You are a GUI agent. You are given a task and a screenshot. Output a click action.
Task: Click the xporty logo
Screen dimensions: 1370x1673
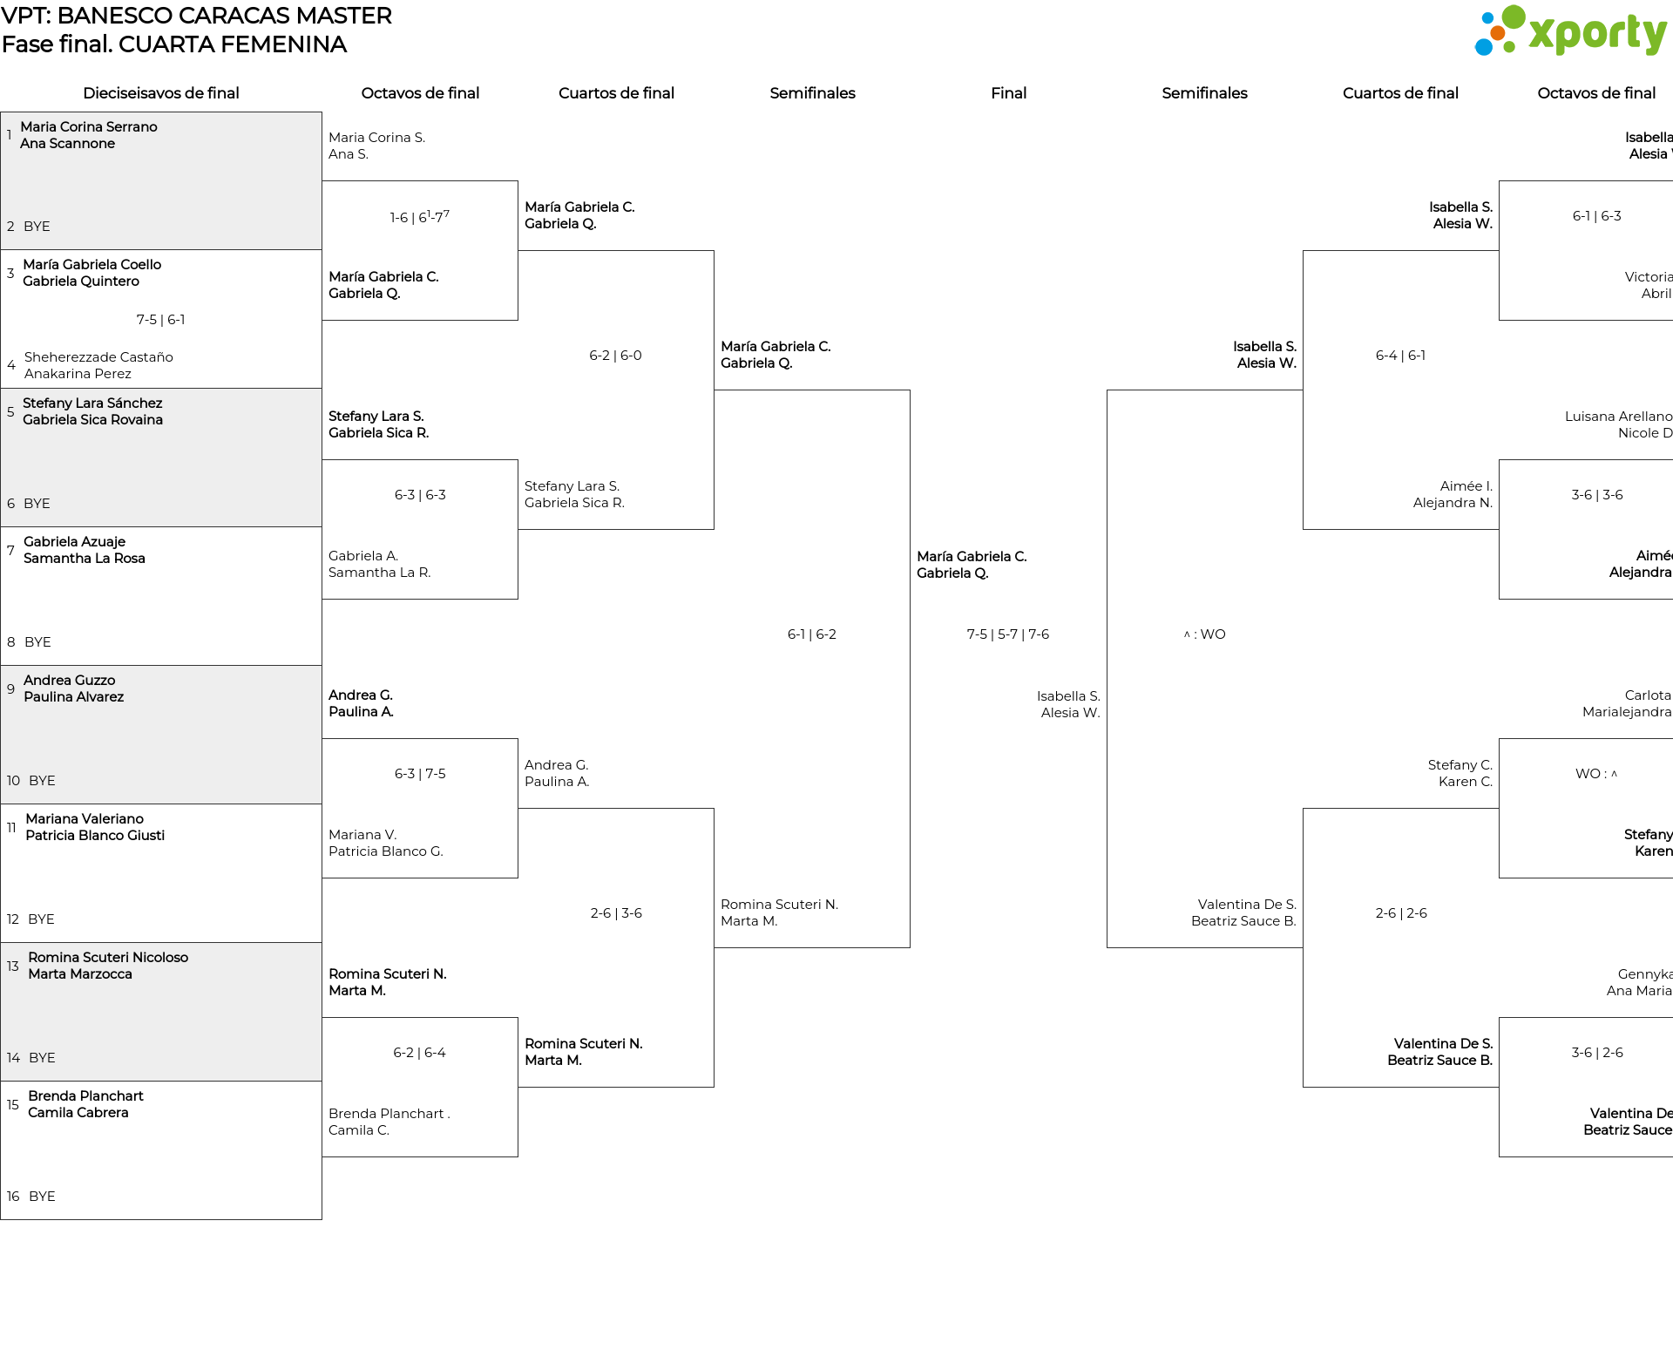point(1570,31)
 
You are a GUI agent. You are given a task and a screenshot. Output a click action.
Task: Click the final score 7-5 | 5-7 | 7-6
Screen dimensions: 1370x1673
point(1007,634)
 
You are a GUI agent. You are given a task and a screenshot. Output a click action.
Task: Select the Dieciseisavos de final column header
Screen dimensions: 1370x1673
point(160,93)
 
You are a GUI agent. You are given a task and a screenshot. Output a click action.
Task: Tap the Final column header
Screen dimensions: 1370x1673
point(1008,93)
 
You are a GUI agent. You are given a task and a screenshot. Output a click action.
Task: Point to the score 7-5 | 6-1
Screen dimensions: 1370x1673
point(160,320)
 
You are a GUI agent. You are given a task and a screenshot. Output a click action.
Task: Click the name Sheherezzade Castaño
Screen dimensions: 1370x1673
point(98,357)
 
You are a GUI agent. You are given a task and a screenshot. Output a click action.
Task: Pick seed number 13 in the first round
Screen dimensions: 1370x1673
point(13,966)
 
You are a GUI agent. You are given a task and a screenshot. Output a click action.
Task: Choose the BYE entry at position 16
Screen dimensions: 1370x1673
point(42,1196)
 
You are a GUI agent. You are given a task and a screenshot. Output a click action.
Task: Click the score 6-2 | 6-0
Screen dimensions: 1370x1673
point(615,356)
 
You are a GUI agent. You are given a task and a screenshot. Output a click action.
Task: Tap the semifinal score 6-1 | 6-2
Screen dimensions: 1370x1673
point(811,634)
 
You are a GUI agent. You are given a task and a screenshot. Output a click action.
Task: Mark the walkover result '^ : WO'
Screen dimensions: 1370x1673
point(1204,634)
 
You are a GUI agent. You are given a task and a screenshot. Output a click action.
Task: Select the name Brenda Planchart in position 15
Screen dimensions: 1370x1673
point(85,1095)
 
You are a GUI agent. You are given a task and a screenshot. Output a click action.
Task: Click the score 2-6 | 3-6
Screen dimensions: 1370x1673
point(615,913)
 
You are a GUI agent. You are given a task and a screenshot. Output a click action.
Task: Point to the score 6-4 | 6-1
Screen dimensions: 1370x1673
point(1400,356)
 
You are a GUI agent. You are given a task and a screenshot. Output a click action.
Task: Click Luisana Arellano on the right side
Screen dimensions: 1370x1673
point(1618,417)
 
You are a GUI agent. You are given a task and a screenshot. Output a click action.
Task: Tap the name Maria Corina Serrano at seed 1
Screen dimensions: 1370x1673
point(89,127)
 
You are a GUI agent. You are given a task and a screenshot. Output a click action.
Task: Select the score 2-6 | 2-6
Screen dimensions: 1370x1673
point(1400,913)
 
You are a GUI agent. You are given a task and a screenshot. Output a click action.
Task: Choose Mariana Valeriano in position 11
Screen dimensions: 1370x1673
point(85,818)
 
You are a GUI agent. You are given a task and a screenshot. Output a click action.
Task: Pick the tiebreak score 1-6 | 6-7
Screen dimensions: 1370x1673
point(419,217)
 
